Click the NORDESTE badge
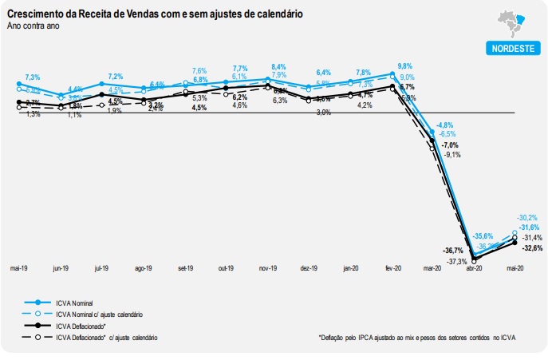511,48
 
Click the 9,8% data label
405,66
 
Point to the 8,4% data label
278,66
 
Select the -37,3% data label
457,261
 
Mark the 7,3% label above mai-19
33,77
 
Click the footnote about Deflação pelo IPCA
416,338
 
